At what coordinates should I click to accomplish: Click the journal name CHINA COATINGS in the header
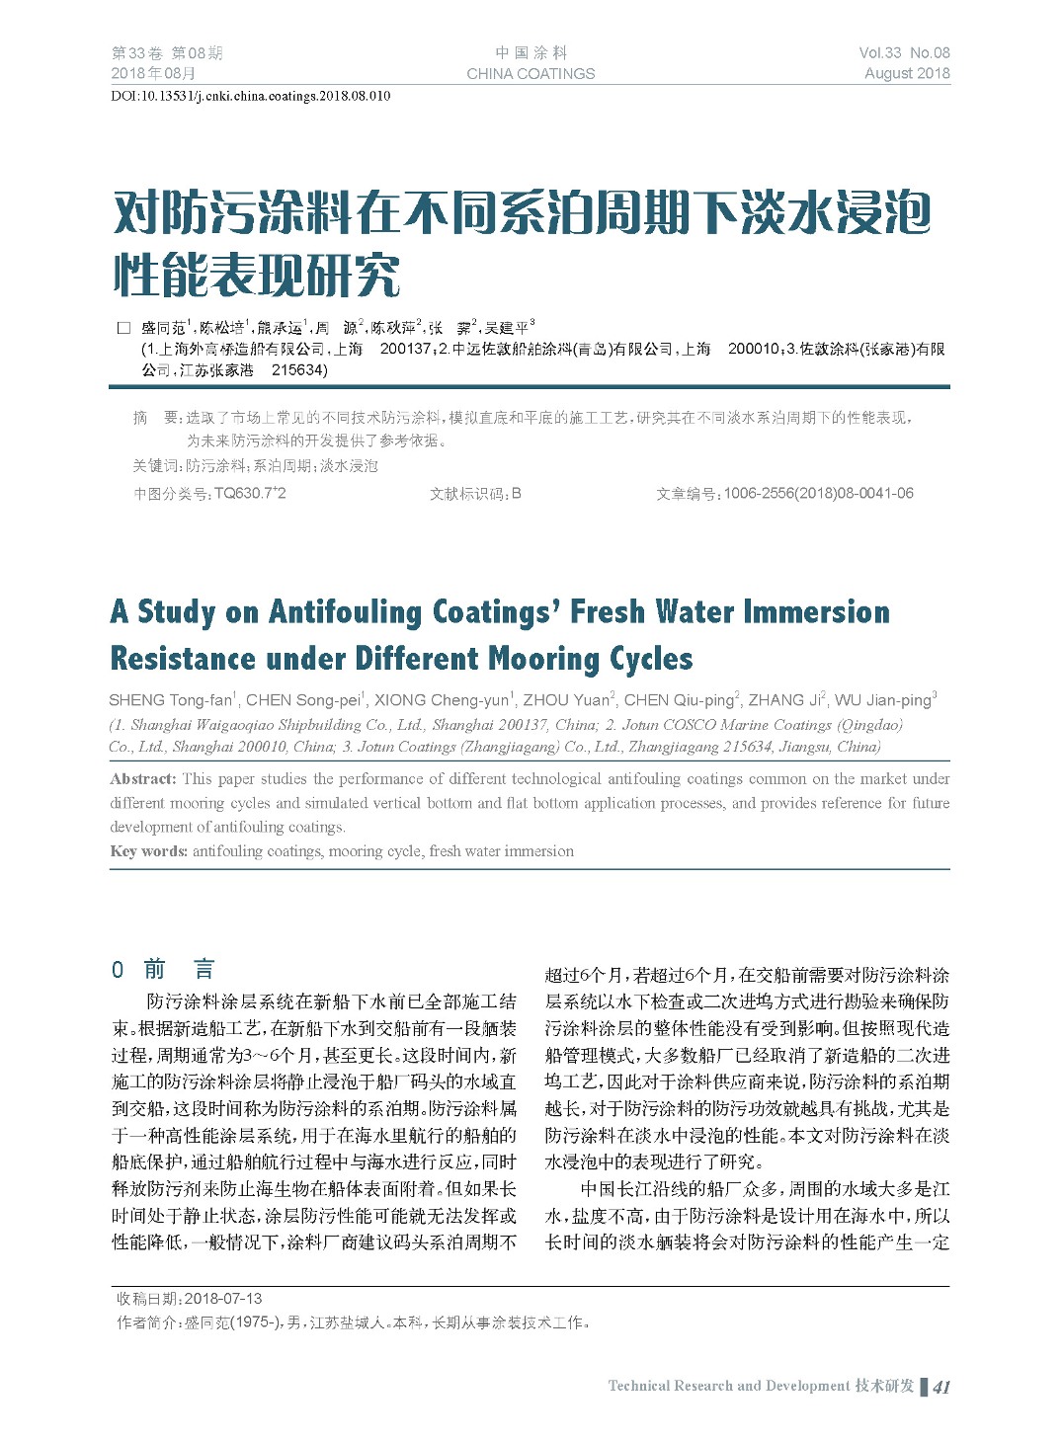(x=531, y=74)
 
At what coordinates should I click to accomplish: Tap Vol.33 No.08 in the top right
(x=904, y=53)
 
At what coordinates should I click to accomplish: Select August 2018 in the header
(x=907, y=73)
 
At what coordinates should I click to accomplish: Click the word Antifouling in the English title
(x=346, y=612)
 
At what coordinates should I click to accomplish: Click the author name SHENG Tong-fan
(x=170, y=700)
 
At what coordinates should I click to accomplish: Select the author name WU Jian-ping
(x=882, y=700)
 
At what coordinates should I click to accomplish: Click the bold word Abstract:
(x=143, y=779)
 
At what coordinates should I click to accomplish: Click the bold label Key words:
(x=148, y=851)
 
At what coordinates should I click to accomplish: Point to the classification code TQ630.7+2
(x=250, y=493)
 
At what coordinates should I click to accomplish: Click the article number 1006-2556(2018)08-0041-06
(x=818, y=493)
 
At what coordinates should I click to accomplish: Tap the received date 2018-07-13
(x=223, y=1299)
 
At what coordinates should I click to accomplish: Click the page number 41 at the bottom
(x=941, y=1387)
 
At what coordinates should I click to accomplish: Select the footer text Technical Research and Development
(x=729, y=1386)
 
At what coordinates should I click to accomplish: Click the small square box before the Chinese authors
(x=123, y=328)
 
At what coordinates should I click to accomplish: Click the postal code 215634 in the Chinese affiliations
(x=297, y=370)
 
